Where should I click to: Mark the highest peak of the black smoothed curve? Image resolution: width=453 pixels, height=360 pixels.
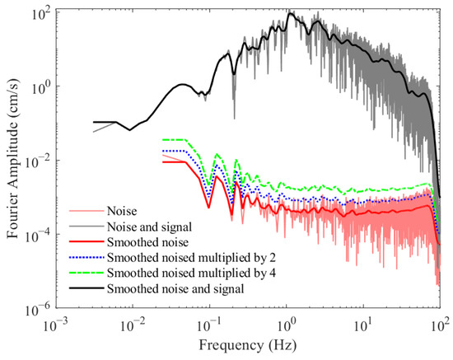[x=290, y=13]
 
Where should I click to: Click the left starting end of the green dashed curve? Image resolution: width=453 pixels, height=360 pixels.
[x=162, y=140]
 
